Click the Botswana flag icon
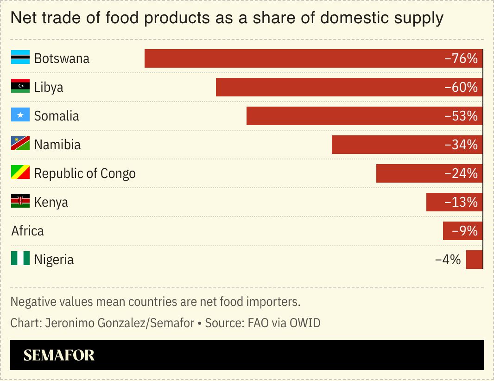pyautogui.click(x=20, y=58)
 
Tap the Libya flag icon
pyautogui.click(x=20, y=87)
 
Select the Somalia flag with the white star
pyautogui.click(x=20, y=115)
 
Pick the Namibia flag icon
pyautogui.click(x=20, y=144)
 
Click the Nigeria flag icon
pyautogui.click(x=20, y=259)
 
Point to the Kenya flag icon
pyautogui.click(x=20, y=202)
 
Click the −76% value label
pyautogui.click(x=460, y=58)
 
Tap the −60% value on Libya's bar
pyautogui.click(x=460, y=87)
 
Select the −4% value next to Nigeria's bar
pyautogui.click(x=448, y=260)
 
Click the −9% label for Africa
pyautogui.click(x=464, y=231)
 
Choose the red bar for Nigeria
pyautogui.click(x=474, y=260)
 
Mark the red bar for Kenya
pyautogui.click(x=454, y=202)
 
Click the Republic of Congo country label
pyautogui.click(x=85, y=173)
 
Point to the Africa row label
pyautogui.click(x=28, y=231)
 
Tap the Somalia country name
pyautogui.click(x=57, y=116)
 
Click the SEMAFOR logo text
pyautogui.click(x=59, y=355)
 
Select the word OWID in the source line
pyautogui.click(x=305, y=323)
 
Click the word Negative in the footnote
pyautogui.click(x=30, y=302)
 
